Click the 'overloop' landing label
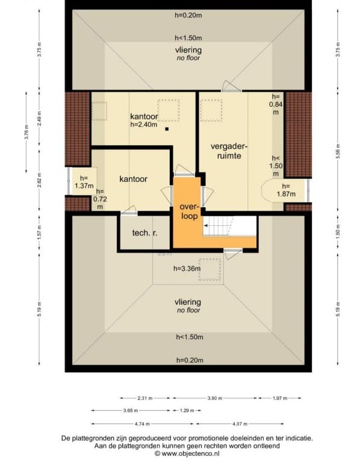click(x=189, y=211)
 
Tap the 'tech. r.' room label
click(x=144, y=233)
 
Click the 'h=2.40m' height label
click(x=144, y=124)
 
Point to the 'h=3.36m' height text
click(x=187, y=269)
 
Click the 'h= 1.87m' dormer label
click(x=285, y=190)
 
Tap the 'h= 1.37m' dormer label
click(x=84, y=182)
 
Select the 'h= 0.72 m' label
click(x=100, y=199)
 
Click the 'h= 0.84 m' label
click(x=276, y=104)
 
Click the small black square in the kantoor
click(x=167, y=129)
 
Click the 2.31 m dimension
click(x=145, y=398)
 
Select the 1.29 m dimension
click(x=187, y=410)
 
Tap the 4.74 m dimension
click(x=142, y=424)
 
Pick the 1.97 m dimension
click(x=280, y=398)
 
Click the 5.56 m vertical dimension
click(x=338, y=151)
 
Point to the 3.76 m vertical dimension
click(x=26, y=132)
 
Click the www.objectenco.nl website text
click(x=190, y=454)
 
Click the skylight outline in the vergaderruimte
click(x=211, y=110)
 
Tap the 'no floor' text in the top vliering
click(x=188, y=58)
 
